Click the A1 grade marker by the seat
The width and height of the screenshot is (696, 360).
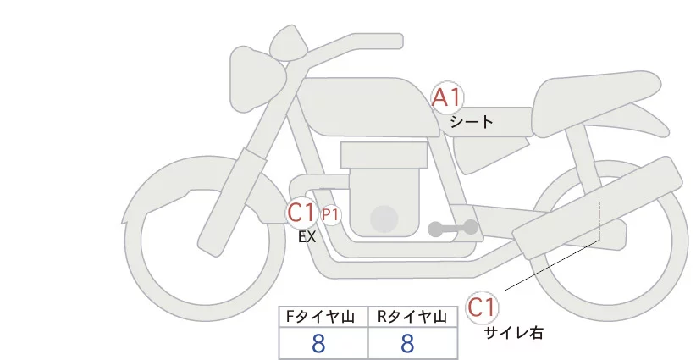pos(448,98)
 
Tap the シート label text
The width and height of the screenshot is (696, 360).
pos(472,122)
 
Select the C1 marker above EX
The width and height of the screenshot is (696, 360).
pos(301,213)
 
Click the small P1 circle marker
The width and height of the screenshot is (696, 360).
pos(330,215)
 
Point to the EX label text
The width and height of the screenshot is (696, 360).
pos(307,238)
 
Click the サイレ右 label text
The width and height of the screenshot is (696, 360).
pos(513,333)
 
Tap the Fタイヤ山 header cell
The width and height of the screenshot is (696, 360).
pos(323,317)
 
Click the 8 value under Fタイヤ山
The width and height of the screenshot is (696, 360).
pos(318,343)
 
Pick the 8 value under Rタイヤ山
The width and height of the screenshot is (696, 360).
pos(407,343)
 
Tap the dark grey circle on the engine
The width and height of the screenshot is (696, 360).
pos(386,219)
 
